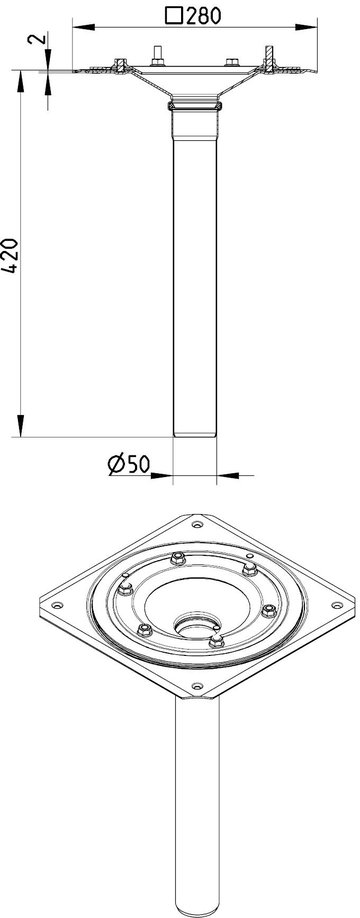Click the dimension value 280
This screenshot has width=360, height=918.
(x=204, y=16)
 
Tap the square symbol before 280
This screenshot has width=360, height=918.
(x=173, y=16)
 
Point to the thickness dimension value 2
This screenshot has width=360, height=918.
(x=36, y=39)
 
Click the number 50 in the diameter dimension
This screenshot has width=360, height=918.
(x=137, y=464)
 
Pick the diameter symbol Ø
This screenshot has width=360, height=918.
(x=115, y=464)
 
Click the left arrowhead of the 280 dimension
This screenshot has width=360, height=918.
(x=84, y=27)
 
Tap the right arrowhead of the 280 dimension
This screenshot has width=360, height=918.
(x=306, y=27)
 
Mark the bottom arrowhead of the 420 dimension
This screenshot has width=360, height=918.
(x=20, y=426)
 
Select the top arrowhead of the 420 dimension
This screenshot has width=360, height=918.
(x=20, y=81)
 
